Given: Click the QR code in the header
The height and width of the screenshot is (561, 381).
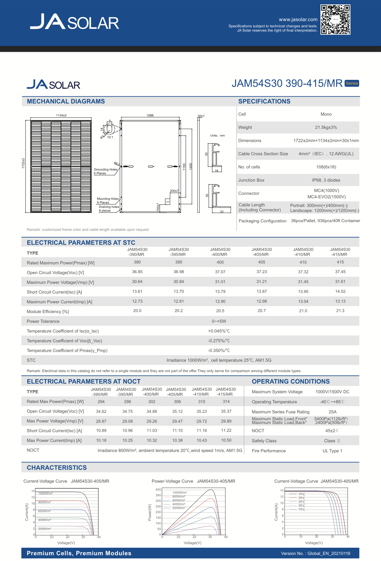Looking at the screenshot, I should [335, 20].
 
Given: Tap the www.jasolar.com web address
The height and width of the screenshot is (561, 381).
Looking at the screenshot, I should [298, 19].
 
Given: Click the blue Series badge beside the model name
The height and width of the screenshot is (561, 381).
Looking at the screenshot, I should [352, 83].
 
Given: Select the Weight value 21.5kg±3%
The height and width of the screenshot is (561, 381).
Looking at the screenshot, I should [326, 127].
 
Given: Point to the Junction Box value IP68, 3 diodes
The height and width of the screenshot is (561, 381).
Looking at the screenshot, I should [326, 180].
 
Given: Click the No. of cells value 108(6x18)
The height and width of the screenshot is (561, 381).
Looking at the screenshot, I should [326, 167].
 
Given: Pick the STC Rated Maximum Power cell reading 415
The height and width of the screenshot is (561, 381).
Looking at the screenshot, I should [340, 262].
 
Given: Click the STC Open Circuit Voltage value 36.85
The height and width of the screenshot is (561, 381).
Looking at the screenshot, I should [137, 272].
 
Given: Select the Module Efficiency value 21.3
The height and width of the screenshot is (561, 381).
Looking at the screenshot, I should [340, 311].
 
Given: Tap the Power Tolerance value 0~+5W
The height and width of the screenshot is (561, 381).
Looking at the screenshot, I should [219, 321].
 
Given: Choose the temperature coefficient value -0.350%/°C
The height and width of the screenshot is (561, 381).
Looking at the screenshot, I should [219, 350].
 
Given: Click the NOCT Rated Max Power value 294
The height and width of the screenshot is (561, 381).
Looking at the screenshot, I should [101, 402].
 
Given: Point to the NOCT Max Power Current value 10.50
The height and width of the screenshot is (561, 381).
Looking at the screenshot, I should [226, 440].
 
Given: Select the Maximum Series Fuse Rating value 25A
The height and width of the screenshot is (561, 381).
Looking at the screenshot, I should [332, 412].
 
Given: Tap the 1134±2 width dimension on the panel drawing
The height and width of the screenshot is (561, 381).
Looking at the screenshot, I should [61, 115].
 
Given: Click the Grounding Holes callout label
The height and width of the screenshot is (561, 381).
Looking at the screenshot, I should [106, 170].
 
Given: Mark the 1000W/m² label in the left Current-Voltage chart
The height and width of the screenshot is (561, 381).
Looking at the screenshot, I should [45, 493].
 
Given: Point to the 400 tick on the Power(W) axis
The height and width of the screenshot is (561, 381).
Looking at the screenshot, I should [158, 490].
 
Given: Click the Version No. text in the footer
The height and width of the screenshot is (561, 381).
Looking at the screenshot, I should [315, 553].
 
